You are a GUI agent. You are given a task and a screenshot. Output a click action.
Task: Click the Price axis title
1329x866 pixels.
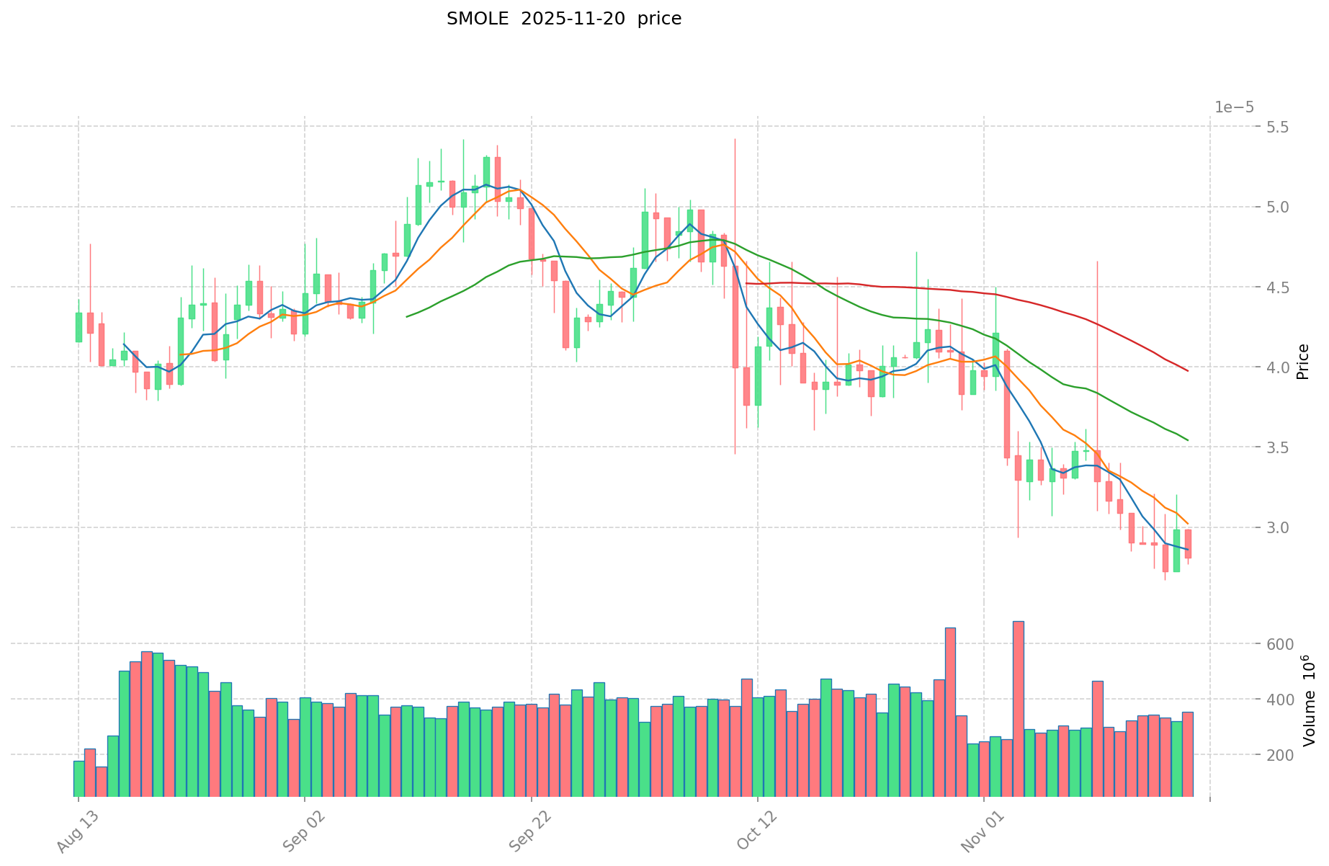[x=1302, y=362]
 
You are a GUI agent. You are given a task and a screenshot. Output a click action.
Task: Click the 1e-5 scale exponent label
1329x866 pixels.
[x=1234, y=108]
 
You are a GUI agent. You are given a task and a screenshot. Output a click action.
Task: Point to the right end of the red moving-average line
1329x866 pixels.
[x=1188, y=370]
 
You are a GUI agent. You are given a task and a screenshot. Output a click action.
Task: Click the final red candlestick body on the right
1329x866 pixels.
[x=1188, y=544]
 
